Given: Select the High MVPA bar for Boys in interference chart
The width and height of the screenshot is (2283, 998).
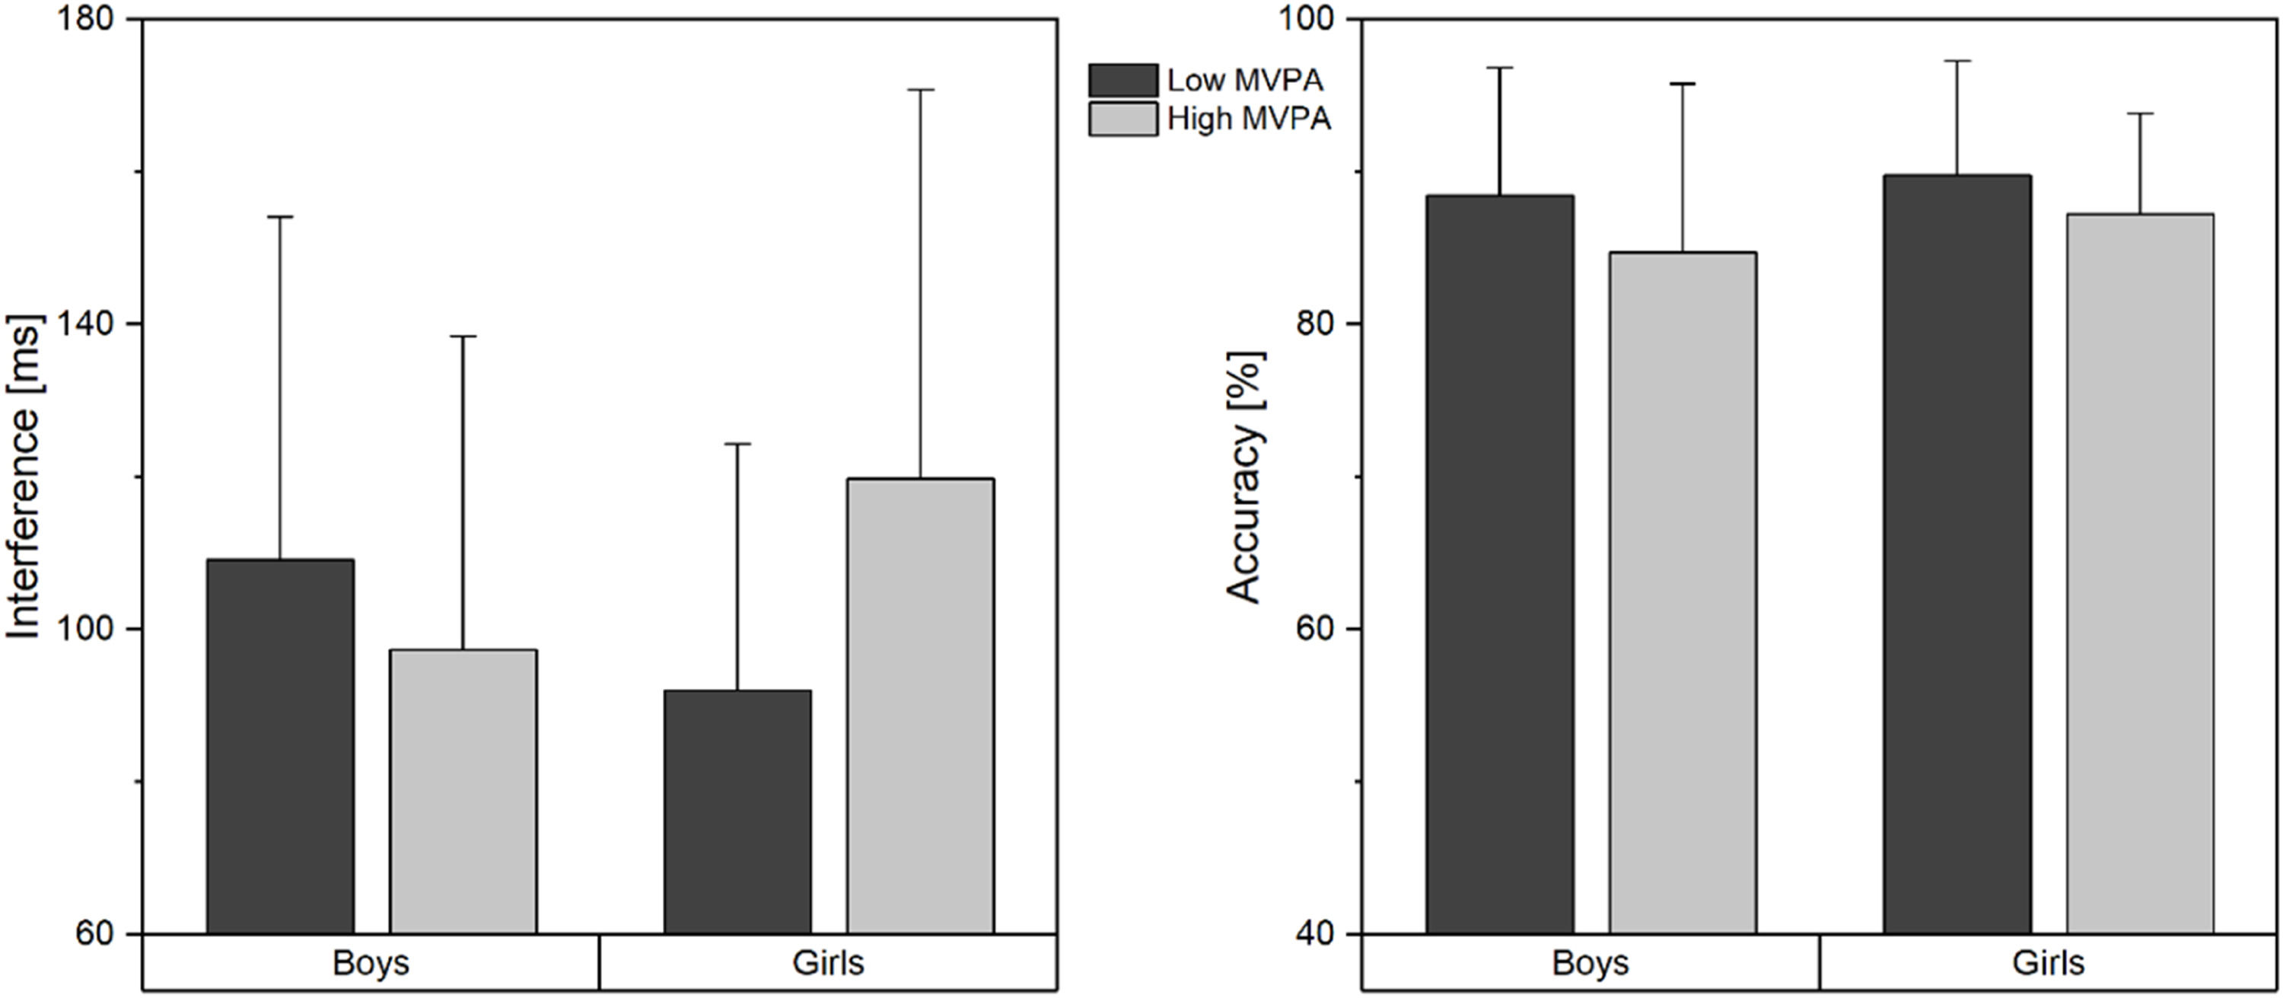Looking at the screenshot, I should [x=463, y=792].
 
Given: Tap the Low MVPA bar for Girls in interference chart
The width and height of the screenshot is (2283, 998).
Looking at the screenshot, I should [x=737, y=811].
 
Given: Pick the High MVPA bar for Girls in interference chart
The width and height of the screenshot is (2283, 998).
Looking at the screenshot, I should [x=920, y=706].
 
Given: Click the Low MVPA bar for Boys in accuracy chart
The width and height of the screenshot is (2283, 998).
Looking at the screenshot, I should [x=1499, y=565].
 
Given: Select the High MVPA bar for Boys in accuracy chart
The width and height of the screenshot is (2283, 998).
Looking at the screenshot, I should [x=1683, y=593].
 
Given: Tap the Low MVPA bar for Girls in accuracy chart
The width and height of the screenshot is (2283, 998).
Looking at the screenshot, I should [x=1957, y=555].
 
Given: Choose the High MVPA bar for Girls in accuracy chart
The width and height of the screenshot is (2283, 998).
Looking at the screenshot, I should [x=2140, y=573].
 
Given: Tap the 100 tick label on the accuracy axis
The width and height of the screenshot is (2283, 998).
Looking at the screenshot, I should [x=1308, y=20].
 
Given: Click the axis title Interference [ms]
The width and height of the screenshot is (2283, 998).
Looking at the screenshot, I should [x=25, y=476].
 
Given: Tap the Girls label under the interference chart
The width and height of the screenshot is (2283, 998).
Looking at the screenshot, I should [x=828, y=962].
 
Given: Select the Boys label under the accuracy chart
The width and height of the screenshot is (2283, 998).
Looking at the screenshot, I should [x=1590, y=962].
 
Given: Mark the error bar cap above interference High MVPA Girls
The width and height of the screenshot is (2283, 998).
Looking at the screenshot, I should [x=920, y=90].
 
